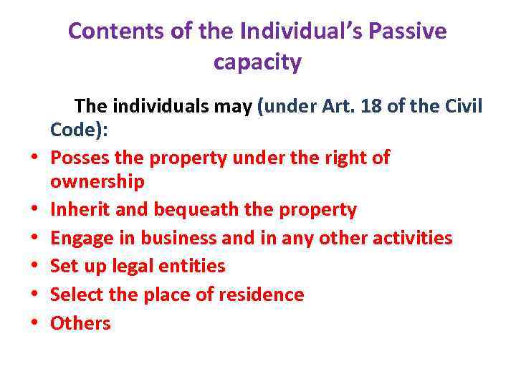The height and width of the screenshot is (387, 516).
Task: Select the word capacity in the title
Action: click(x=257, y=62)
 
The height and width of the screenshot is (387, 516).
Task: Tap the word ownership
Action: click(x=97, y=181)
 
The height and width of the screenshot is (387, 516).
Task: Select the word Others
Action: click(x=80, y=323)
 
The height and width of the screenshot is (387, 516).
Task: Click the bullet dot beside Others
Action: click(x=34, y=325)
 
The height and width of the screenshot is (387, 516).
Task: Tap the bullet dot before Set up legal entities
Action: click(x=34, y=267)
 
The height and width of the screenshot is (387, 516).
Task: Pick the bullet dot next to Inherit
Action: click(x=34, y=211)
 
